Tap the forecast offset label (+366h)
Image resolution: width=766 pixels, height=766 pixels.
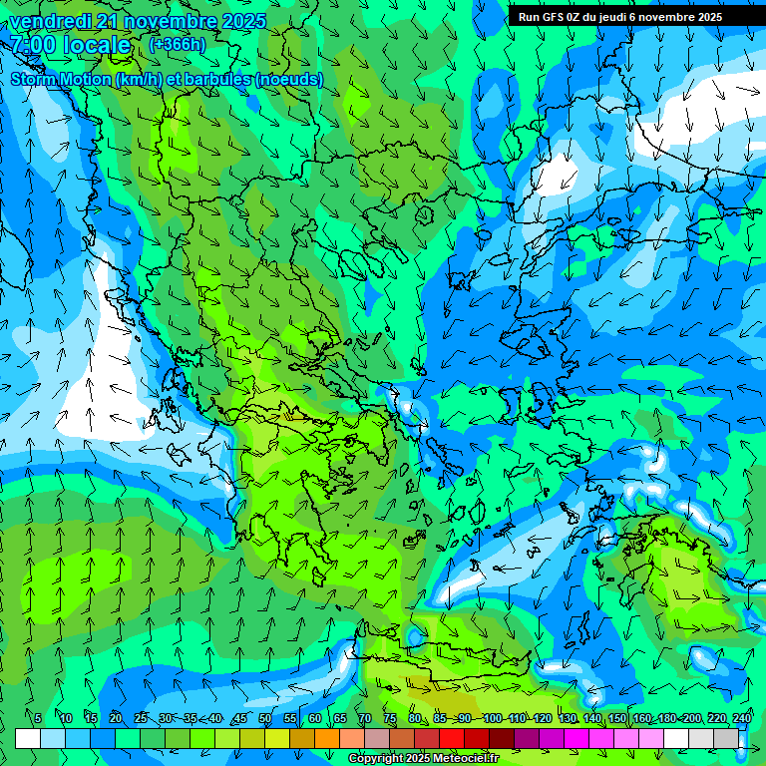pos(177,44)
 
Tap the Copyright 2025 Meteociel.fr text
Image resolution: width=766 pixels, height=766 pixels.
pos(423,759)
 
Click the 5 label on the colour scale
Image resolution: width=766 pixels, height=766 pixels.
pos(38,718)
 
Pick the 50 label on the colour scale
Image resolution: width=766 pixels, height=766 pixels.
pos(264,718)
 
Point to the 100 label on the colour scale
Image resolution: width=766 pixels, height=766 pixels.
pos(492,718)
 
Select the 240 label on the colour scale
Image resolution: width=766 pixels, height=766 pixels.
pos(741,718)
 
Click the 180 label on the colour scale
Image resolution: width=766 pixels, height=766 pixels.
pos(666,718)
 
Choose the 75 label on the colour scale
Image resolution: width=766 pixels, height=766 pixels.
pos(389,718)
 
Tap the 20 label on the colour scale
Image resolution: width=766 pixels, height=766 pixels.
pos(115,718)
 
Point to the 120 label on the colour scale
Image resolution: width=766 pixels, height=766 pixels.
pos(542,718)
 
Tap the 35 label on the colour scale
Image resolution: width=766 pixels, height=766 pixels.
pos(190,718)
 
